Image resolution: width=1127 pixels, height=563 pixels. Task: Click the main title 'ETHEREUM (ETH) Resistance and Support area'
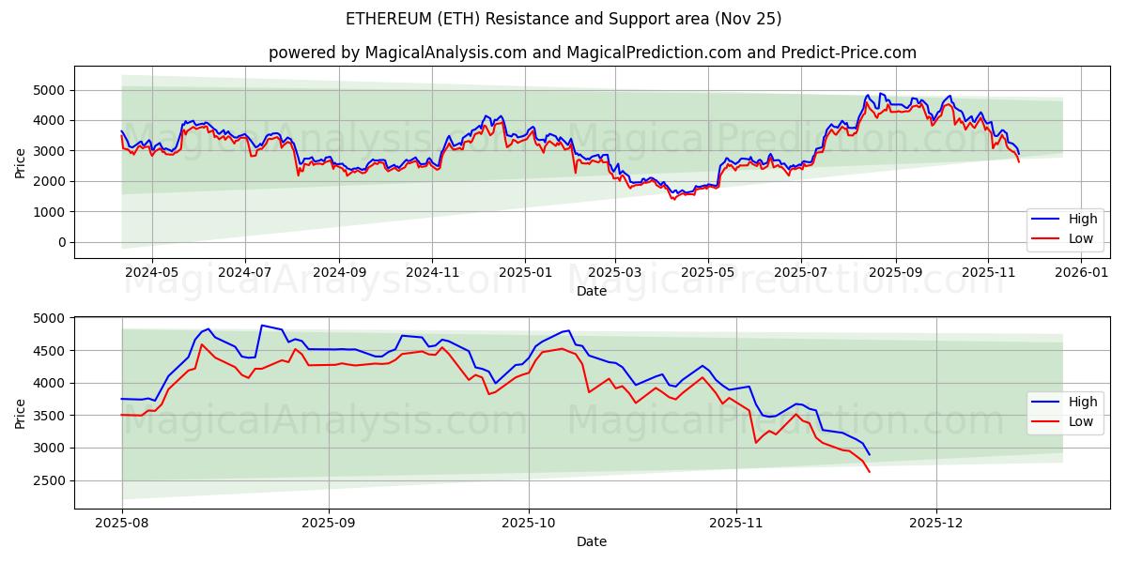[563, 19]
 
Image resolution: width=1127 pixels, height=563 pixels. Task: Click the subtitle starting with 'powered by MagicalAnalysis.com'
[592, 53]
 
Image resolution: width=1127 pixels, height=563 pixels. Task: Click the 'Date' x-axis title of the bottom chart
[592, 541]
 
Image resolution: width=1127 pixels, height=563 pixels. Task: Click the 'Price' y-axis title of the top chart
[21, 162]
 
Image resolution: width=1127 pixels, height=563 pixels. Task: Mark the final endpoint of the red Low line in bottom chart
[870, 472]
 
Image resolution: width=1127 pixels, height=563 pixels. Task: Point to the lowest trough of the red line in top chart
[672, 199]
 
